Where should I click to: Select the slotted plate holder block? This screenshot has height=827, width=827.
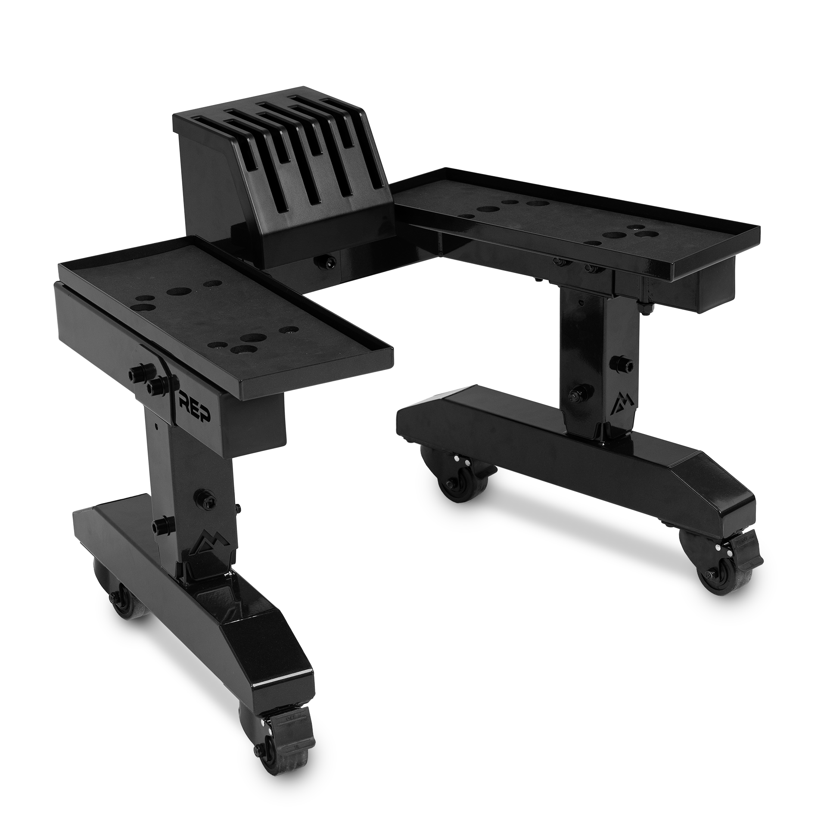[x=276, y=172]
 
